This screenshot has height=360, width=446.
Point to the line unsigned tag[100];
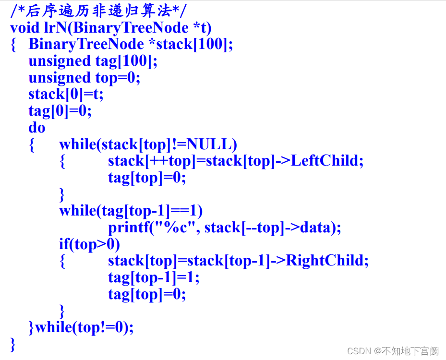click(93, 61)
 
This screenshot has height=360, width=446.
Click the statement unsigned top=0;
click(84, 78)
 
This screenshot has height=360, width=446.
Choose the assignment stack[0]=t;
click(66, 94)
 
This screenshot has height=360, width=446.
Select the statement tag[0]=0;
click(60, 111)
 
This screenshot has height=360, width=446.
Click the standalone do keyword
click(36, 128)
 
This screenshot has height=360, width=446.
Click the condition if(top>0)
click(89, 244)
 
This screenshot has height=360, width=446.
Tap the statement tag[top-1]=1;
click(153, 277)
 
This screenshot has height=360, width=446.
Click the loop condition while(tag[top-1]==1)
click(131, 211)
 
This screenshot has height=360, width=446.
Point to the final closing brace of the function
click(13, 344)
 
